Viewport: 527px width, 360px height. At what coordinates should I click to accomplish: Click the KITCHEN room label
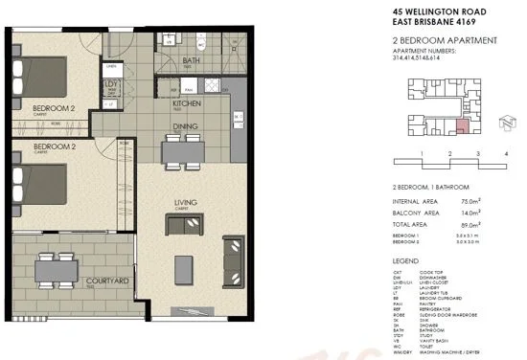pyautogui.click(x=186, y=102)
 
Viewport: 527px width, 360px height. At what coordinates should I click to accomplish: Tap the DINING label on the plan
pyautogui.click(x=186, y=125)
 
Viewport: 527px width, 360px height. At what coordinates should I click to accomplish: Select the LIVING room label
pyautogui.click(x=186, y=201)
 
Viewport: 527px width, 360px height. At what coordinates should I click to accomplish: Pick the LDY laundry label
pyautogui.click(x=110, y=84)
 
